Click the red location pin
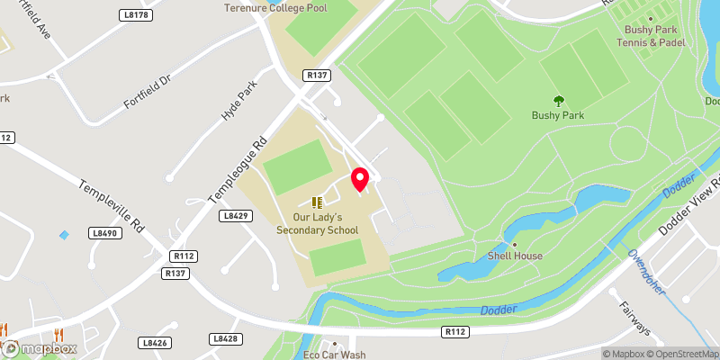pos(360,178)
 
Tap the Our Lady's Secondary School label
pos(317,223)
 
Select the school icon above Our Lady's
pos(316,202)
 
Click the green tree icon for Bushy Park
pos(558,101)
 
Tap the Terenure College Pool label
pos(275,8)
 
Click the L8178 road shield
pos(136,15)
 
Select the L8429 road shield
pos(235,216)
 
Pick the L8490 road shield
pos(105,233)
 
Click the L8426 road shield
pos(155,342)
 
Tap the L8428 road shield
pos(225,338)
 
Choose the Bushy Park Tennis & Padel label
pos(655,36)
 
